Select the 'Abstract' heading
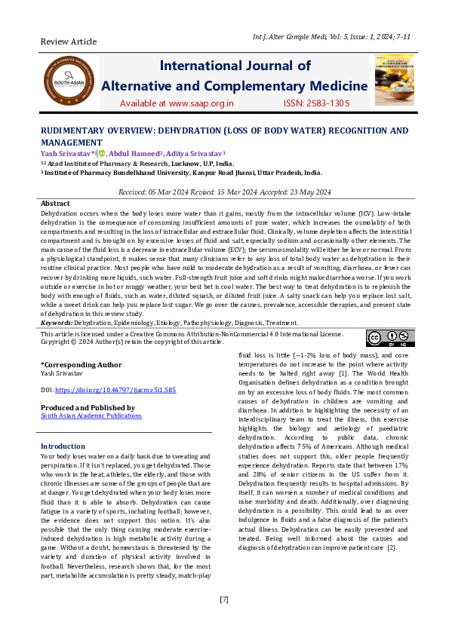point(55,204)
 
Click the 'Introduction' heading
point(63,446)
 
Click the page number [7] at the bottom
point(224,600)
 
